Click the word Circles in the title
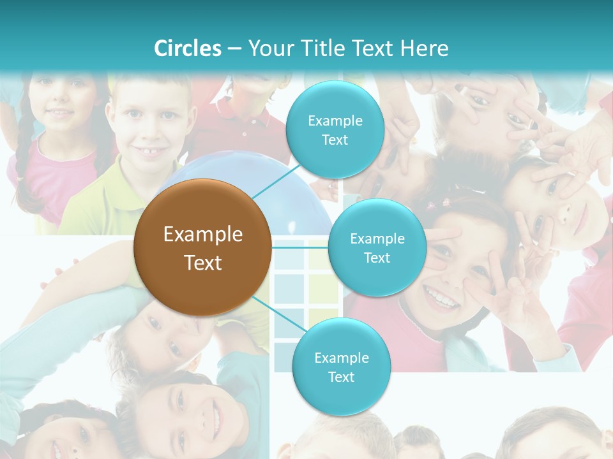coord(187,48)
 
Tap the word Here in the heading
coord(424,48)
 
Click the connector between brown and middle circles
coord(300,247)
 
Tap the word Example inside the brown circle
coord(203,235)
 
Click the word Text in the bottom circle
coord(341,377)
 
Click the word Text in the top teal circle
coord(335,140)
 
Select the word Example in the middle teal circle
coord(377,239)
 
